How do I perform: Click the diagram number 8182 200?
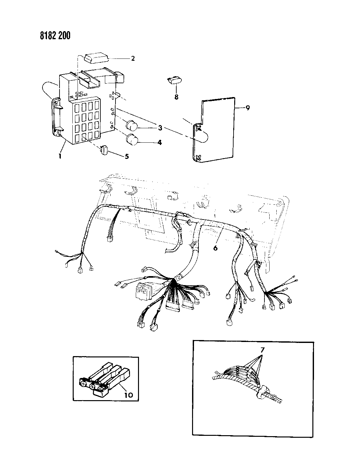[x=55, y=35]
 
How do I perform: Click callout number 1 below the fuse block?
[x=60, y=156]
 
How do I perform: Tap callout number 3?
[x=160, y=128]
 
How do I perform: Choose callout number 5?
[x=127, y=156]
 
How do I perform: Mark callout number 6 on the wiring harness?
[x=215, y=248]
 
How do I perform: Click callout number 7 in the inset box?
[x=262, y=350]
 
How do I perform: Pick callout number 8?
[x=176, y=97]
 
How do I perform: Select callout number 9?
[x=247, y=108]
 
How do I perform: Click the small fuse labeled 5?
[x=104, y=149]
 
